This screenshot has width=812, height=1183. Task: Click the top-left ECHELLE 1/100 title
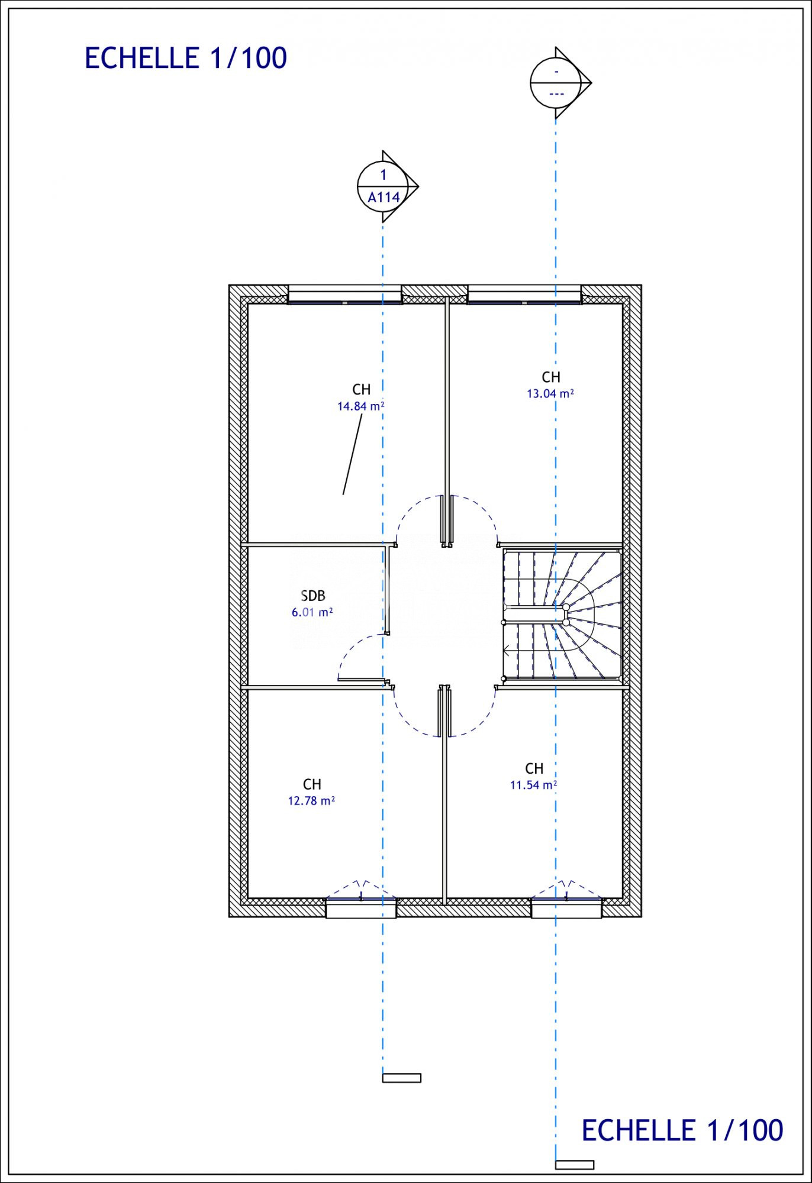(186, 58)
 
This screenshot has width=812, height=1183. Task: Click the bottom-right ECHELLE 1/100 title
(682, 1130)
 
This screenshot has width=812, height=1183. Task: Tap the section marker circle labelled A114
(383, 186)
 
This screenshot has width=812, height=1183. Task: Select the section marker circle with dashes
(556, 83)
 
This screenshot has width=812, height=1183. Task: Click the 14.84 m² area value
(361, 406)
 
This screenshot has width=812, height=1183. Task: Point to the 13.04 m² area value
(550, 393)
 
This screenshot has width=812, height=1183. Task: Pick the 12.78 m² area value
(311, 801)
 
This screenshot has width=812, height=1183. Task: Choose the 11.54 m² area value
(534, 785)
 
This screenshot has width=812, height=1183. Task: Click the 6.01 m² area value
(312, 612)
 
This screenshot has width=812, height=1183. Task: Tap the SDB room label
(313, 596)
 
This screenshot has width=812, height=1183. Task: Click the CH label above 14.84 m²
(362, 389)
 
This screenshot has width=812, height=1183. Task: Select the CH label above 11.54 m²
(534, 768)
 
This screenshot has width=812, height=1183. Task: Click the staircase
(562, 615)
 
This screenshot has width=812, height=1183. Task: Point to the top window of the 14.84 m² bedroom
(344, 295)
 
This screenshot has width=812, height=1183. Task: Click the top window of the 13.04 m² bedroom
(524, 295)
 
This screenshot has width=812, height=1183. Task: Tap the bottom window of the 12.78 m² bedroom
(361, 907)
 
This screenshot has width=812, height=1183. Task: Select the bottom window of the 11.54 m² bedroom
(566, 907)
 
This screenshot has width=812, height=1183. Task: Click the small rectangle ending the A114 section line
(401, 1078)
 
